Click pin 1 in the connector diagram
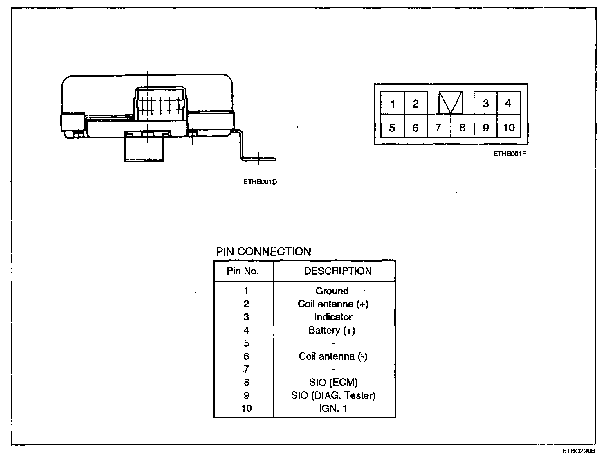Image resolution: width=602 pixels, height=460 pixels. point(393,104)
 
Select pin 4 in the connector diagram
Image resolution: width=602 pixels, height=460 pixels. point(508,103)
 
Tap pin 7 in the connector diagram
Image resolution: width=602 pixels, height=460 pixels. point(438,128)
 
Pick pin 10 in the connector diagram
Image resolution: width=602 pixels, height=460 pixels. point(509,128)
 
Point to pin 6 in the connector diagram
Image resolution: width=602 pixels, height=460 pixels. point(416,128)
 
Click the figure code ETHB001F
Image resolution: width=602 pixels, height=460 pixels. point(509,154)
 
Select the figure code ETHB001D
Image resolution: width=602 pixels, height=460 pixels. point(260,182)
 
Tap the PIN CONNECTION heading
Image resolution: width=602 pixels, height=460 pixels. point(263,251)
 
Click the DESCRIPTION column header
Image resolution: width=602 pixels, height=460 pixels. point(338,271)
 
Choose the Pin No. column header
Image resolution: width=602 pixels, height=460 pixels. point(243,271)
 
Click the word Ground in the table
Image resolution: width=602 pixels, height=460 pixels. point(332,291)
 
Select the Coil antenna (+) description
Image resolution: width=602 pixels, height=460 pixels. point(333,304)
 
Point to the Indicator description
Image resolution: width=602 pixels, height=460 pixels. point(333,317)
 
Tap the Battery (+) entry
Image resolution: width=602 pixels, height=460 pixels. point(332,330)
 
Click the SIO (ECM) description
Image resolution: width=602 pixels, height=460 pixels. point(333,382)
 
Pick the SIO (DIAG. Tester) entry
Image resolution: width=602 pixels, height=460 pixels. point(333,395)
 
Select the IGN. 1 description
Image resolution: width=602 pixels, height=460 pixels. point(333,408)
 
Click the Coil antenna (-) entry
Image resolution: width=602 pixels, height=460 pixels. point(333,356)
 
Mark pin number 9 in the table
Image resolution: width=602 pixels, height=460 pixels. point(246,395)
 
